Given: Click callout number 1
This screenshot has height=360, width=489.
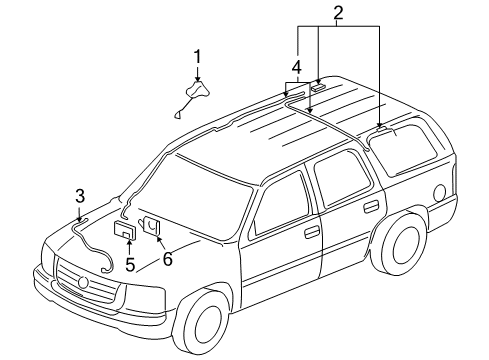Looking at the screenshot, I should (197, 56).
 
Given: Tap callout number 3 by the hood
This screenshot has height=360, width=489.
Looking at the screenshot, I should (80, 195).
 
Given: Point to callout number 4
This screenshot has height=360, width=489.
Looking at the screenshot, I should (296, 67).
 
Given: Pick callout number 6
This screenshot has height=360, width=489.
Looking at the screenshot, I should (167, 259).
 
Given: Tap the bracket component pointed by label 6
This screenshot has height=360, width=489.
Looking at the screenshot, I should (152, 227).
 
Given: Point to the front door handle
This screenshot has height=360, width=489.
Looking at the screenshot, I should (312, 232).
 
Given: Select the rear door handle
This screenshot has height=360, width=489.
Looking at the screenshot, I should (371, 205).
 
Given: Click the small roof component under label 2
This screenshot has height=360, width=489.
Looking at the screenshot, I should (318, 88).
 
